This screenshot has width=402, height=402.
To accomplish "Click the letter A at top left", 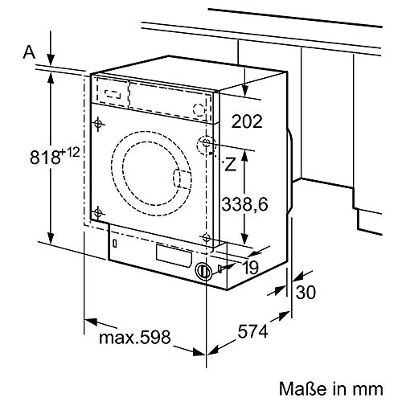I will click(27, 52).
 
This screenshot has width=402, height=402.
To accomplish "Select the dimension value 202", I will click(246, 122).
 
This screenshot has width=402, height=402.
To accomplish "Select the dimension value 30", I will click(306, 293).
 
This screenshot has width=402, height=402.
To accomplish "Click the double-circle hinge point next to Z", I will click(207, 145).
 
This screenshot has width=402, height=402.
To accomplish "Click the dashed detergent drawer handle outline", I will click(111, 92).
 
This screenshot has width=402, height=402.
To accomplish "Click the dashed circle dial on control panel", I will click(199, 111).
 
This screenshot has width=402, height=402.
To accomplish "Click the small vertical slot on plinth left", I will click(116, 241).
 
